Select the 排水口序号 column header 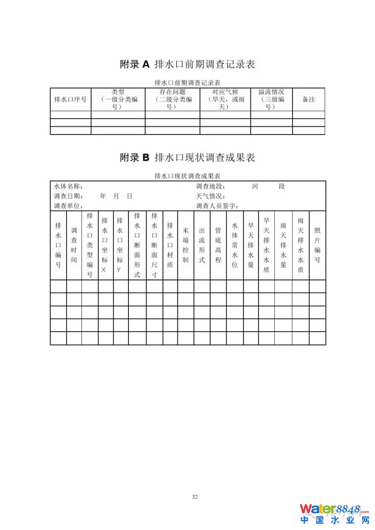(70, 100)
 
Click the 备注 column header (309, 100)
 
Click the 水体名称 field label (68, 186)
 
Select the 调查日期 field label (68, 196)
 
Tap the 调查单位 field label (68, 206)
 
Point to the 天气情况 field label (210, 196)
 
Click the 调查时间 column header (74, 245)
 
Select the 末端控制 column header (186, 245)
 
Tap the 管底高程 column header (218, 245)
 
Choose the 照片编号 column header (317, 245)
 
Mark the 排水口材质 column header (170, 245)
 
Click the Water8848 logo (335, 514)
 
